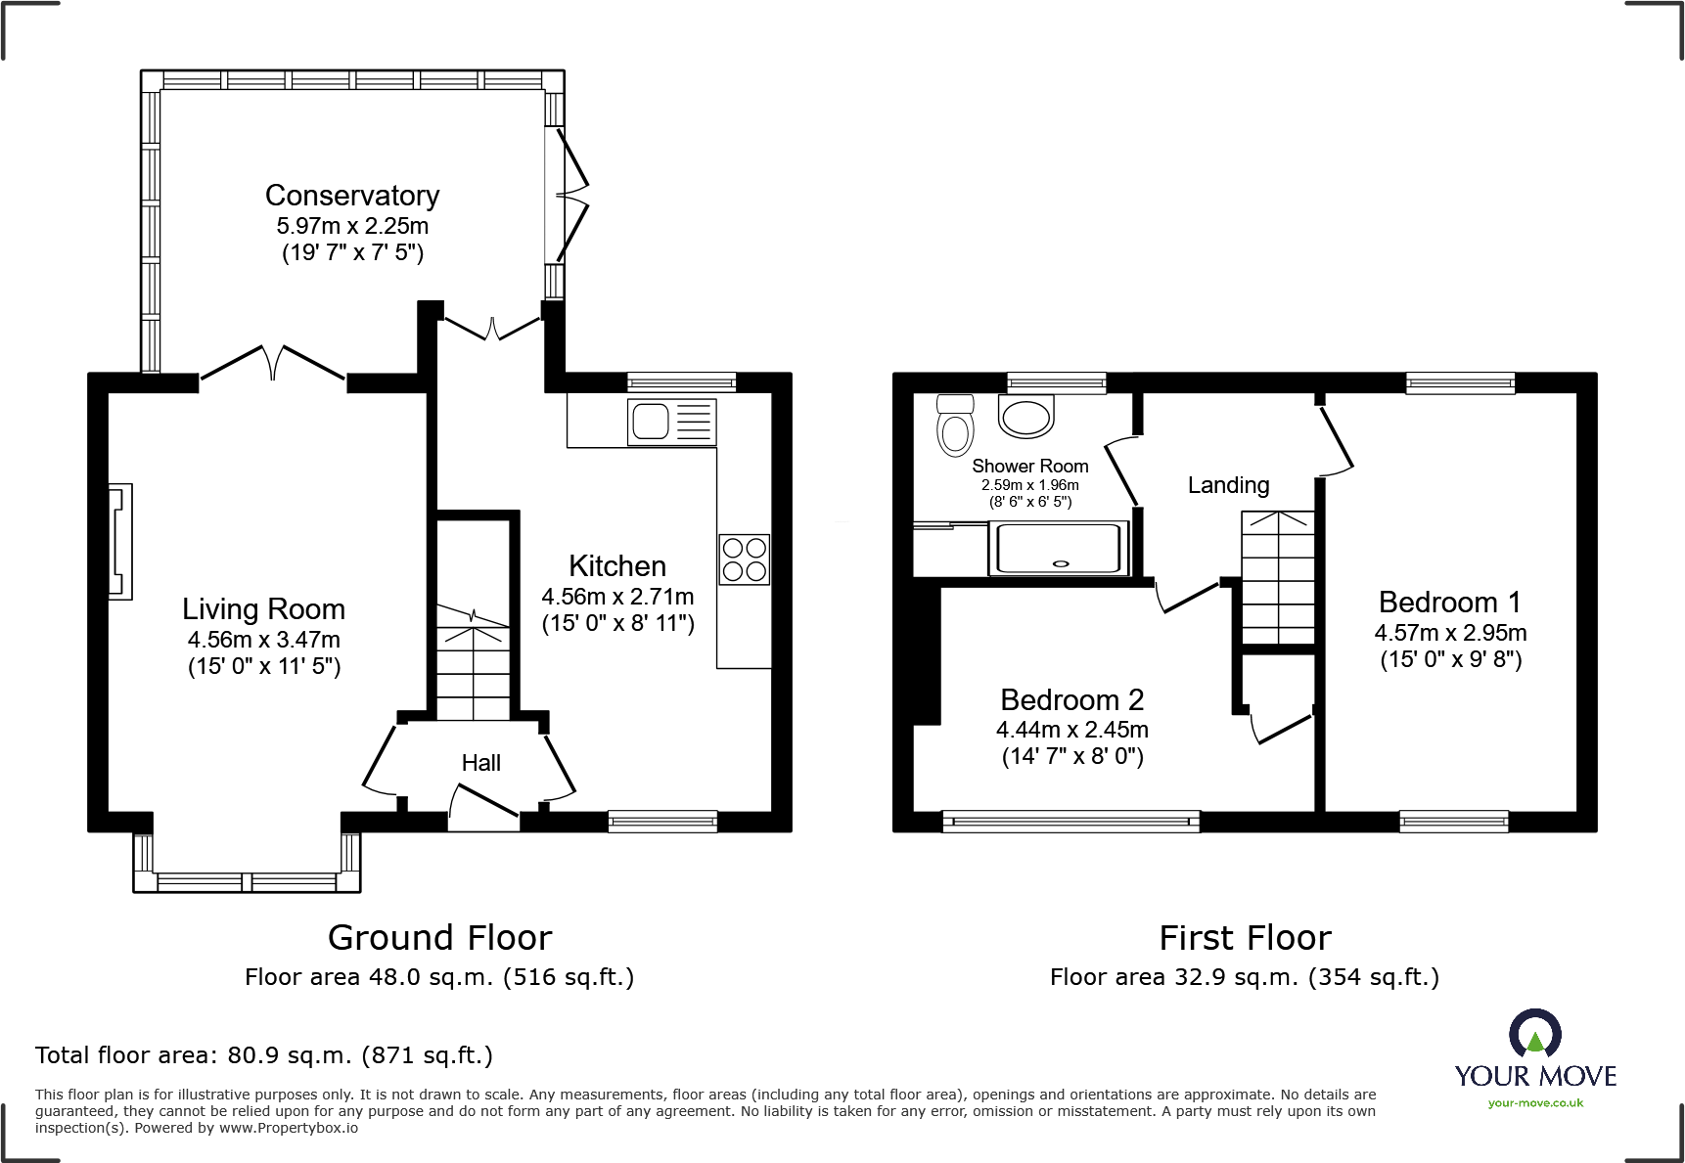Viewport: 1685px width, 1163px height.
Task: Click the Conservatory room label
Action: (x=352, y=196)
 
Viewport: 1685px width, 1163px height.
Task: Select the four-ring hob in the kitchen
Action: (x=745, y=559)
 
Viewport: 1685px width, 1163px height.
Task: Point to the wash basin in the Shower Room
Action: (x=1025, y=416)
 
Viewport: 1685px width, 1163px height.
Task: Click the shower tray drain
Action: (x=1059, y=563)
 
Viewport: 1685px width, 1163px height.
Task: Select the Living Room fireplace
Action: (x=119, y=541)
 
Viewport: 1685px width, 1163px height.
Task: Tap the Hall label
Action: (x=480, y=763)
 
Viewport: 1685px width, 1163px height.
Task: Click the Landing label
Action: (x=1228, y=485)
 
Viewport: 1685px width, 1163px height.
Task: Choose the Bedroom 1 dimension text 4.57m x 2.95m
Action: (x=1450, y=633)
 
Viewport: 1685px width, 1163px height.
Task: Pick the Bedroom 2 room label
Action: (x=1071, y=700)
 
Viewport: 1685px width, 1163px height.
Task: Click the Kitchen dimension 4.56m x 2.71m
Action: (x=617, y=597)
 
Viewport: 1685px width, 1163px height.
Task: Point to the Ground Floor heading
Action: (x=439, y=938)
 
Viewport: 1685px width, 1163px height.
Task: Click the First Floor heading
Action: (x=1245, y=938)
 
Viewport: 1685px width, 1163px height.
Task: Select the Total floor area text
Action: (x=263, y=1055)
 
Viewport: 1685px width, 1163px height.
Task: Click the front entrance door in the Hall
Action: (x=483, y=806)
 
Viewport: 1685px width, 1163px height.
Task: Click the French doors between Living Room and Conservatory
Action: (x=273, y=364)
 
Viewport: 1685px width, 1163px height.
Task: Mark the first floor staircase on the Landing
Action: (x=1277, y=577)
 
